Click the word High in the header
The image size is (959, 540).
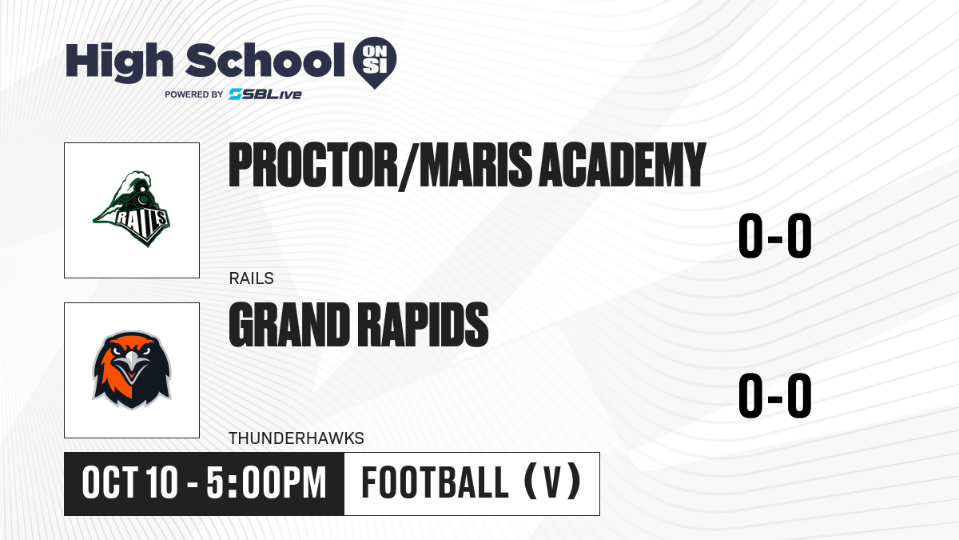coord(120,62)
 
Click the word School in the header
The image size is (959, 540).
coord(265,60)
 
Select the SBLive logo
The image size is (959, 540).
coord(265,94)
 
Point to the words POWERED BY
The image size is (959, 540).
coord(193,94)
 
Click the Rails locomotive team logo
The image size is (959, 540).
coord(132,209)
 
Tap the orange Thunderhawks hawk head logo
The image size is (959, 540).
coord(132,370)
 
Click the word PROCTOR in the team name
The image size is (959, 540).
coord(313,165)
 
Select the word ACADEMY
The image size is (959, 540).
coord(622,165)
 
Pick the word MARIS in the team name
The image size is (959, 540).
coord(476,165)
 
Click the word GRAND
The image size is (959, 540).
coord(289,325)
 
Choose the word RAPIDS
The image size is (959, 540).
coord(423,325)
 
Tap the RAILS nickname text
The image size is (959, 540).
coord(251,278)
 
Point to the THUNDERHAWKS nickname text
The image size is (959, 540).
coord(296,438)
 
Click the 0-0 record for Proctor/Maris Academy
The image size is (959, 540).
coord(775,236)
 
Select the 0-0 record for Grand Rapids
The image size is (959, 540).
coord(775,395)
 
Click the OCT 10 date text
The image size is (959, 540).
coord(129,483)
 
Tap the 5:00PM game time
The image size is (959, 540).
coord(266,483)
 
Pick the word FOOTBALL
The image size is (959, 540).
coord(435,483)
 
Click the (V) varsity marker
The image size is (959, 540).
coord(553,482)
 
